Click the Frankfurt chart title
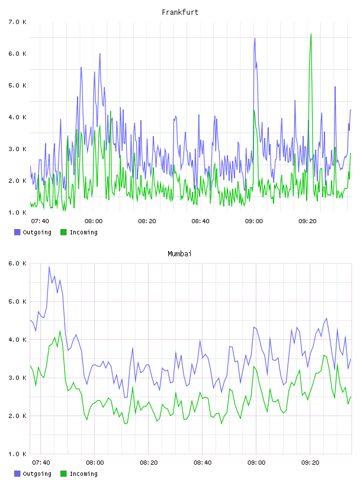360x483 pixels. [180, 12]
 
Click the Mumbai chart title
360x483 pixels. [179, 254]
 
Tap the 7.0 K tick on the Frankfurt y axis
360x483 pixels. [18, 22]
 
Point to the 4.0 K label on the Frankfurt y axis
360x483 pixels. [18, 117]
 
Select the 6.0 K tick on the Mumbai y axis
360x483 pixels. [18, 263]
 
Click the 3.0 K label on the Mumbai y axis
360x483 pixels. [18, 378]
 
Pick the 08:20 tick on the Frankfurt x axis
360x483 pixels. [147, 221]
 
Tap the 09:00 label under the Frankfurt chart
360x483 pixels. [254, 221]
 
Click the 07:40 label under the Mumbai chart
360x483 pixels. [41, 462]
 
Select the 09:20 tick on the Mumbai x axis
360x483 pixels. [310, 462]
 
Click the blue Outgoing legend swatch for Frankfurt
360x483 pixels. [17, 232]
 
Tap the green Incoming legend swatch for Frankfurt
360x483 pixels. [63, 232]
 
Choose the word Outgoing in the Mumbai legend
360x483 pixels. [37, 474]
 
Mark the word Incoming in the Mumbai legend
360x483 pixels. [83, 474]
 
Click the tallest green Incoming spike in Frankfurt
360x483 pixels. [311, 34]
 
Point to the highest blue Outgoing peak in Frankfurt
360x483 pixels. [255, 38]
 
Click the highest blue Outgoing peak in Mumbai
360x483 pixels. [49, 267]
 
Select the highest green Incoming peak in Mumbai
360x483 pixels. [60, 331]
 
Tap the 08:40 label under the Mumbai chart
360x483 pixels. [202, 462]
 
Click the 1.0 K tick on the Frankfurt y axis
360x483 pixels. [18, 212]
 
